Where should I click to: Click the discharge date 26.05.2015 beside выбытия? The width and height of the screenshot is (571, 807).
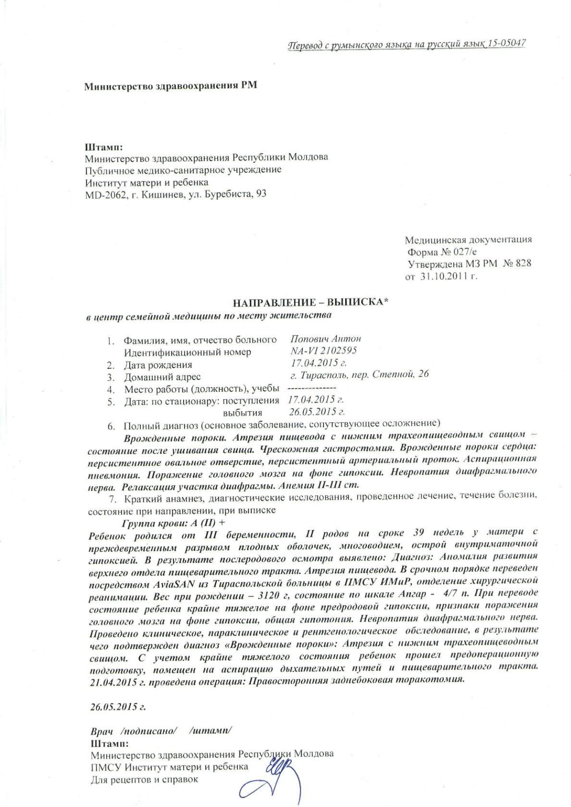[317, 412]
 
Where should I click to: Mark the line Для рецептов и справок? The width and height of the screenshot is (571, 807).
[144, 779]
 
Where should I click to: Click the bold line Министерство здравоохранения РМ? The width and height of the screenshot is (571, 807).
[171, 86]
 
